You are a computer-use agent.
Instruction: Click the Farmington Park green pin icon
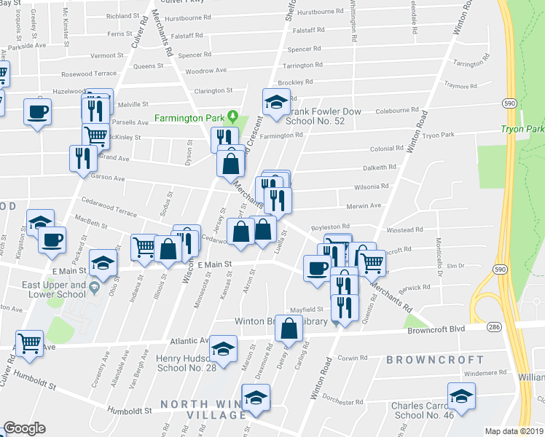tap(232, 116)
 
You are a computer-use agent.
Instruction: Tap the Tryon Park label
tap(522, 129)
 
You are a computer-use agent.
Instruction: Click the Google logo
tap(24, 428)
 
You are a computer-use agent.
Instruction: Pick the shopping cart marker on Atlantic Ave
tap(28, 342)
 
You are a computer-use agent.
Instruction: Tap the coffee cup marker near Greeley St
tap(37, 112)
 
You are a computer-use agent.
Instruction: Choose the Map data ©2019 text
tap(514, 431)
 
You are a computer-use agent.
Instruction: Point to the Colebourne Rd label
tap(393, 111)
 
